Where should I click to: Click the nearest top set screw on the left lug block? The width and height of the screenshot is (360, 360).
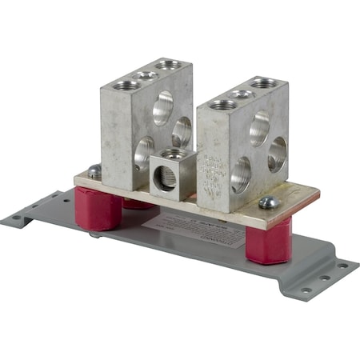126,85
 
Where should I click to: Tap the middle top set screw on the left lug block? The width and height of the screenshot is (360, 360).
146,75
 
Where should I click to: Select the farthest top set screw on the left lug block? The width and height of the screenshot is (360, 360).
167,64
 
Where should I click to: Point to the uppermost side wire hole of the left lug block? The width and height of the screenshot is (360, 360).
164,106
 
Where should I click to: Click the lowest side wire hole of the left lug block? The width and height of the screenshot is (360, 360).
145,151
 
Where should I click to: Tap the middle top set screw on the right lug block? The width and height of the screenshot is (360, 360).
242,93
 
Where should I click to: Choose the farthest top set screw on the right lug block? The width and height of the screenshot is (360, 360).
262,82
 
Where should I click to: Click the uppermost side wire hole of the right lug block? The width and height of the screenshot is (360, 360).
258,126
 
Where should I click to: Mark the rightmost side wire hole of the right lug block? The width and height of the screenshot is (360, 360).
277,154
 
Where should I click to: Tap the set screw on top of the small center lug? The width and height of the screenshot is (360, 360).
174,153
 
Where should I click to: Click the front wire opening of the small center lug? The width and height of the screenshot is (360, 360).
166,178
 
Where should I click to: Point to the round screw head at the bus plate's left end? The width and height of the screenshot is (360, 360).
94,170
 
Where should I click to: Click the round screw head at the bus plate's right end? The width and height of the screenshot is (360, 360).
268,203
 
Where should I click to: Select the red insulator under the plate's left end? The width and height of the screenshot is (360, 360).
102,209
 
